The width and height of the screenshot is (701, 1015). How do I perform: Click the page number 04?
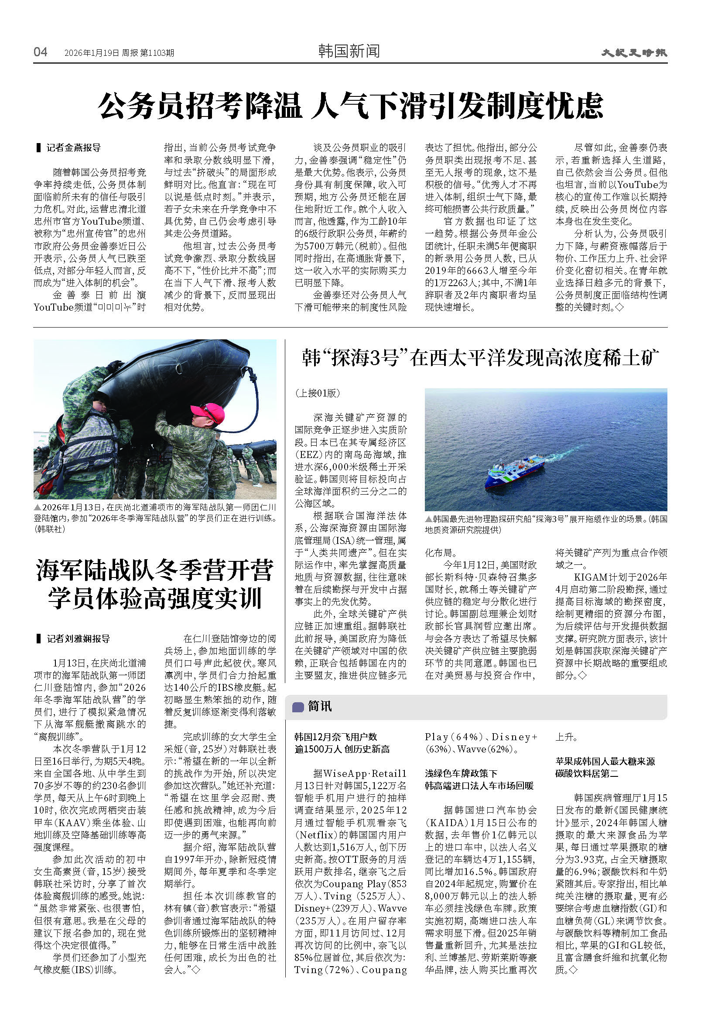point(41,52)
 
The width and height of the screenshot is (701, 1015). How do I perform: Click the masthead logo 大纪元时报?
point(634,53)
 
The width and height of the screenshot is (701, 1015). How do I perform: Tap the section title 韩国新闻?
point(349,51)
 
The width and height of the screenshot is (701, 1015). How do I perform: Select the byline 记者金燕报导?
point(73,147)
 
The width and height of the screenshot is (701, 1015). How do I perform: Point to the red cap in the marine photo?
point(207,413)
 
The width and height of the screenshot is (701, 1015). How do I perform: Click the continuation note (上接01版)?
point(317,393)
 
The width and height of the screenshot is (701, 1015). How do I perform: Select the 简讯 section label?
point(320,706)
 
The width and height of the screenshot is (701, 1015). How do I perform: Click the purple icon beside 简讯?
point(298,707)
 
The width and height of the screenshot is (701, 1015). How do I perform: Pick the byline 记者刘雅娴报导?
point(78,639)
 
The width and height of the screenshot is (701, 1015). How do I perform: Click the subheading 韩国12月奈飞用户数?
point(335,737)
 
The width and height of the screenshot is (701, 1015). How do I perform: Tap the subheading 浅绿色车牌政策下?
point(461,773)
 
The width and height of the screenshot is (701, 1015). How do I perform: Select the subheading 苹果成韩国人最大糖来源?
point(605,761)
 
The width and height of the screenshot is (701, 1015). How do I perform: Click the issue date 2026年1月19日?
point(91,53)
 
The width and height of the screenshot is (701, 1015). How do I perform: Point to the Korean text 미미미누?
point(109,308)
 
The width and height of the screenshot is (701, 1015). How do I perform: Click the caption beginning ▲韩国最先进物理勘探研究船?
point(546,524)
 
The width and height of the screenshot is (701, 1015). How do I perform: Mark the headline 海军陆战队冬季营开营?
point(154,570)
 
